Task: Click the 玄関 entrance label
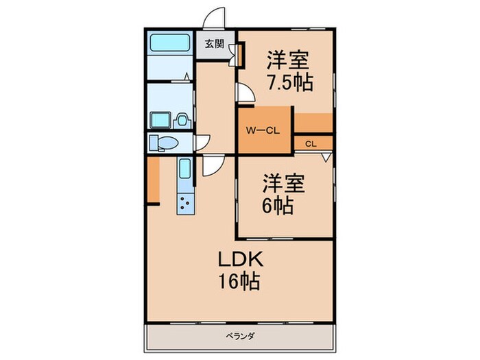214,45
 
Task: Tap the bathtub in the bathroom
170,43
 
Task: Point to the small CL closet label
311,144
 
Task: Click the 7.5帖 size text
289,82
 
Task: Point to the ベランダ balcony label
239,335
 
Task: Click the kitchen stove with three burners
185,203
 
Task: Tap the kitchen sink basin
185,167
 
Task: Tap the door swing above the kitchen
211,166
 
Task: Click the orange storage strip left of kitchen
154,180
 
